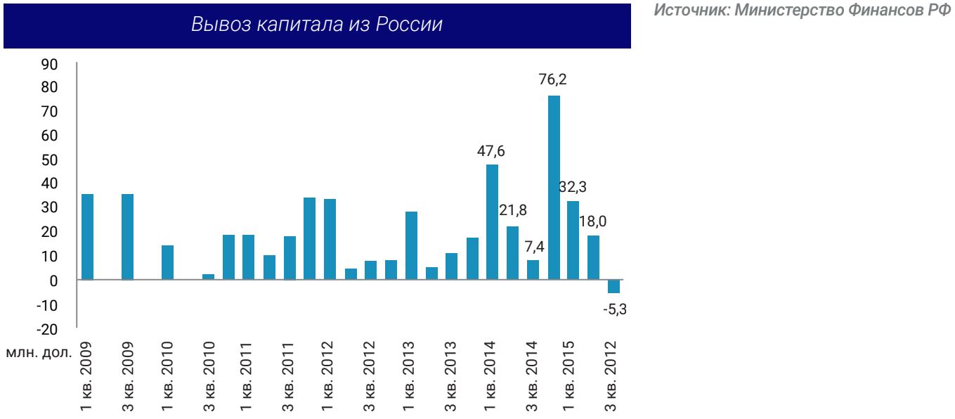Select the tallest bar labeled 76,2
tap(554, 187)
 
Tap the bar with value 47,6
tap(493, 221)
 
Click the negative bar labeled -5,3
tap(614, 286)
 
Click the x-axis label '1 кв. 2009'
tap(86, 374)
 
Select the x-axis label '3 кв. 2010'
tap(208, 374)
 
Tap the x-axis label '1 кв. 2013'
tap(410, 374)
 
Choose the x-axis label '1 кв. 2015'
tap(572, 374)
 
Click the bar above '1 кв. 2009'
tap(87, 237)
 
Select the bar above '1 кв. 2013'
tap(412, 245)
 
